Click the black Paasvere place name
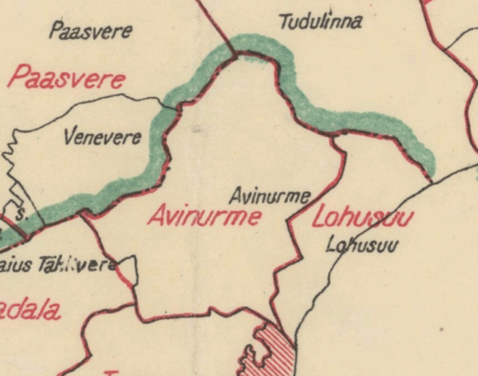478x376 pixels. pos(90,32)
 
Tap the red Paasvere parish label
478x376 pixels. pos(67,79)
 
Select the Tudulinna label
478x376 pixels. pos(321,21)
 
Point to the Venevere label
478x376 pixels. pos(103,137)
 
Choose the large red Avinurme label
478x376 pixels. pos(203,217)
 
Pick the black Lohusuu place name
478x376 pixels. pos(362,245)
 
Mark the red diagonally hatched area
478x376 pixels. pos(276,348)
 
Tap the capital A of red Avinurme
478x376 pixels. pos(156,217)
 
